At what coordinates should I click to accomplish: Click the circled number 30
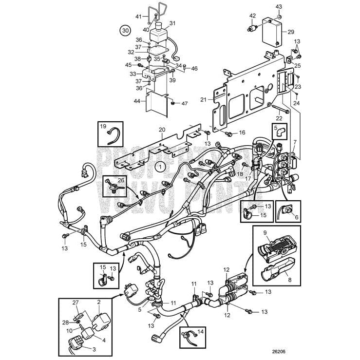tap(126, 30)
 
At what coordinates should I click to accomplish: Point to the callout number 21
tap(203, 100)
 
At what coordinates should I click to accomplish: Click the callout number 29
tap(291, 32)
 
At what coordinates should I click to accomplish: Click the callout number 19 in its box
tap(103, 127)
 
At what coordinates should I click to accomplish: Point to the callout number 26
tap(121, 179)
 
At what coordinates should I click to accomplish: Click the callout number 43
tap(279, 6)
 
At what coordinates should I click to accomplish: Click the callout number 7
tap(294, 141)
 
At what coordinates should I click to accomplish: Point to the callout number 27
tap(76, 303)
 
